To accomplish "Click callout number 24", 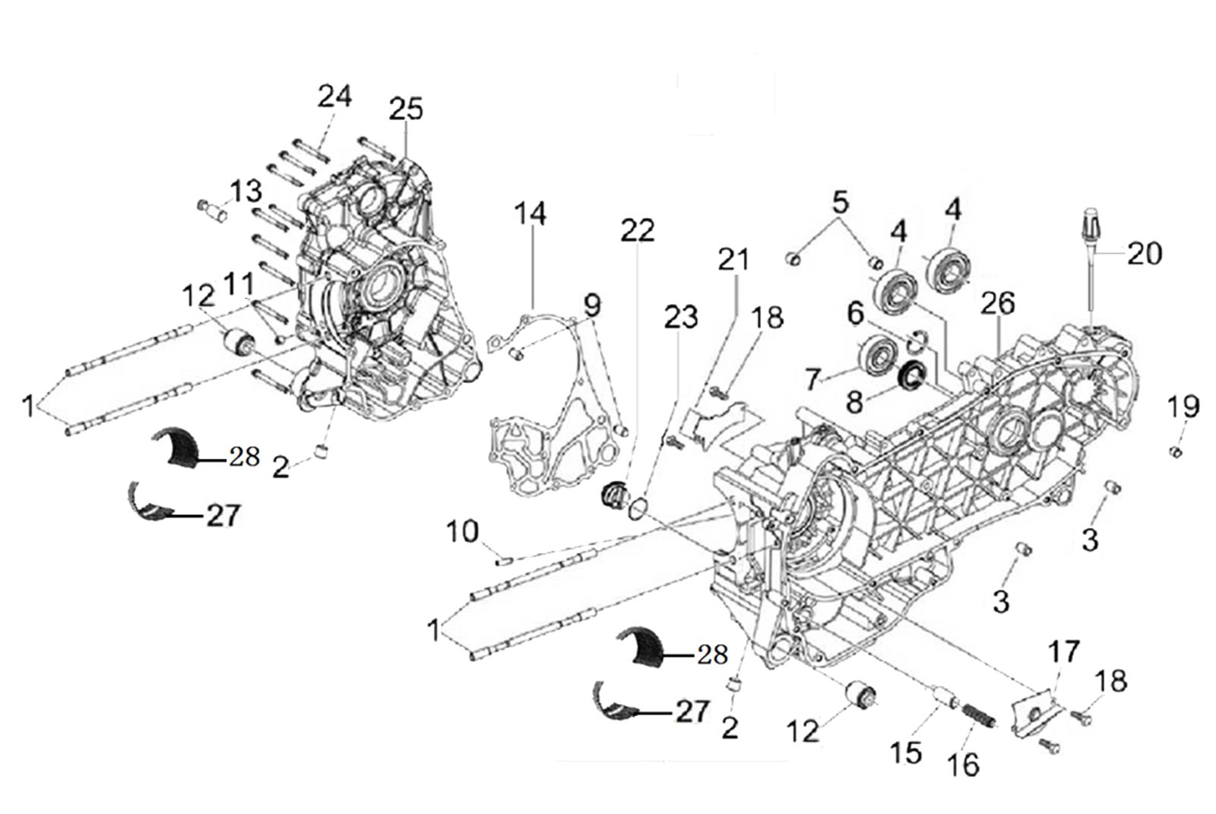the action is [334, 97].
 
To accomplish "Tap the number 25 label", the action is [406, 109].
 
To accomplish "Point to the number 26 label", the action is [998, 303].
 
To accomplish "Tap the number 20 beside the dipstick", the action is [1145, 254].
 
